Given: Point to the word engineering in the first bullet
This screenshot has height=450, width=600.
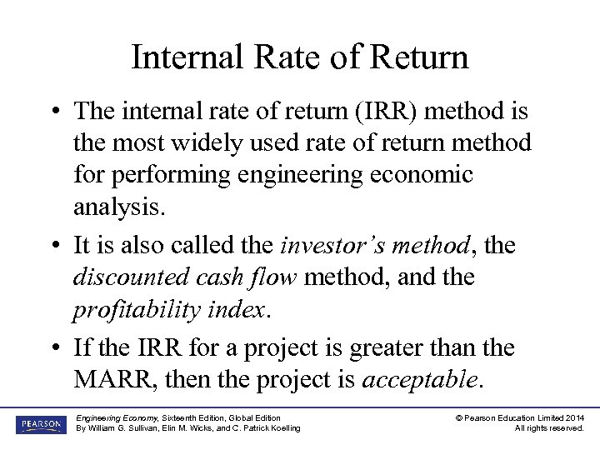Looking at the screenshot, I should [312, 175].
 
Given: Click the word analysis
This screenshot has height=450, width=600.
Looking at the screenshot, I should [119, 207].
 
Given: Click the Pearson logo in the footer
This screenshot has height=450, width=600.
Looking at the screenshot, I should [38, 423].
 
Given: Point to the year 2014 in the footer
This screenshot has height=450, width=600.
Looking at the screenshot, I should [572, 417].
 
